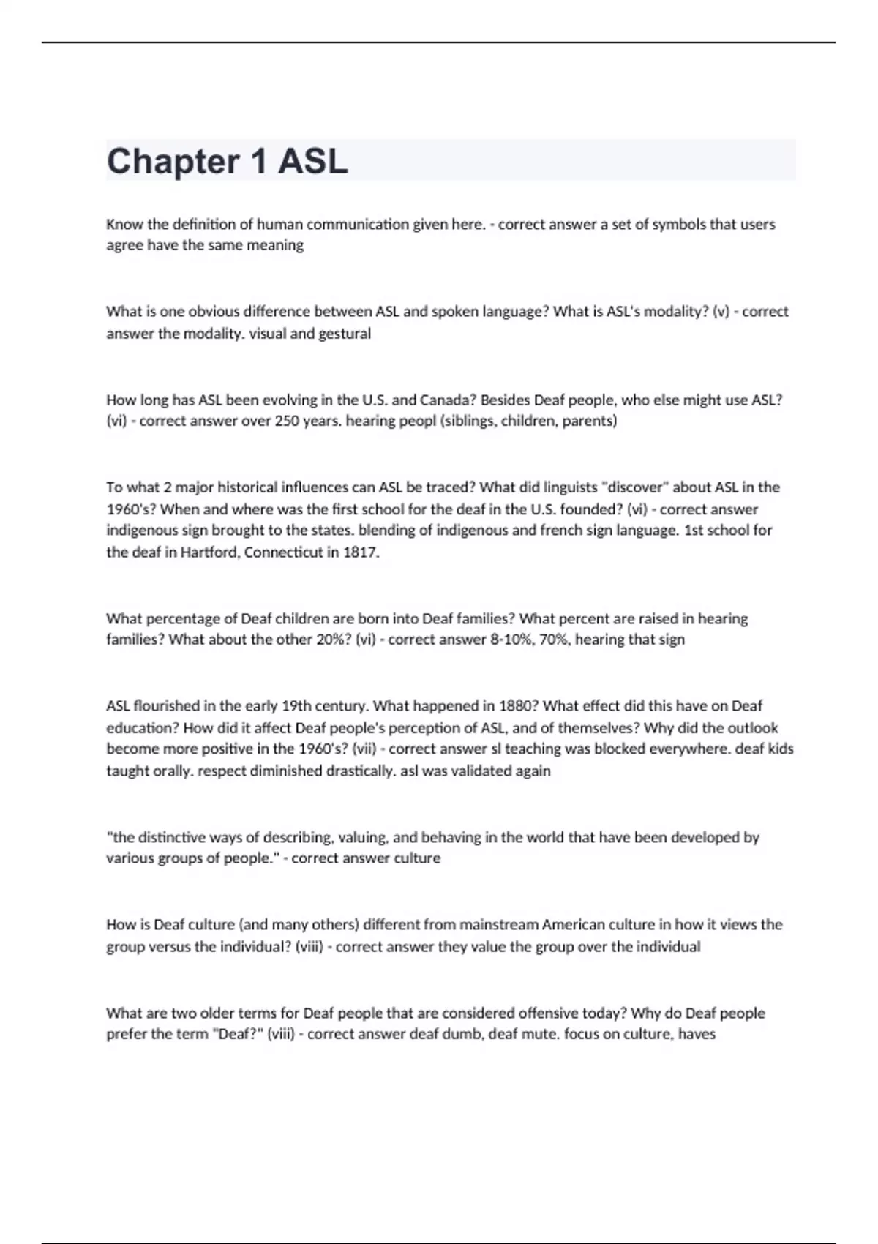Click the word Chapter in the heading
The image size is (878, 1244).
(x=173, y=162)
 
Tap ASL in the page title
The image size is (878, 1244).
(x=312, y=162)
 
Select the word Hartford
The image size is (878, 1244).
(x=209, y=552)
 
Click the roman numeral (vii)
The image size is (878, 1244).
(x=364, y=749)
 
